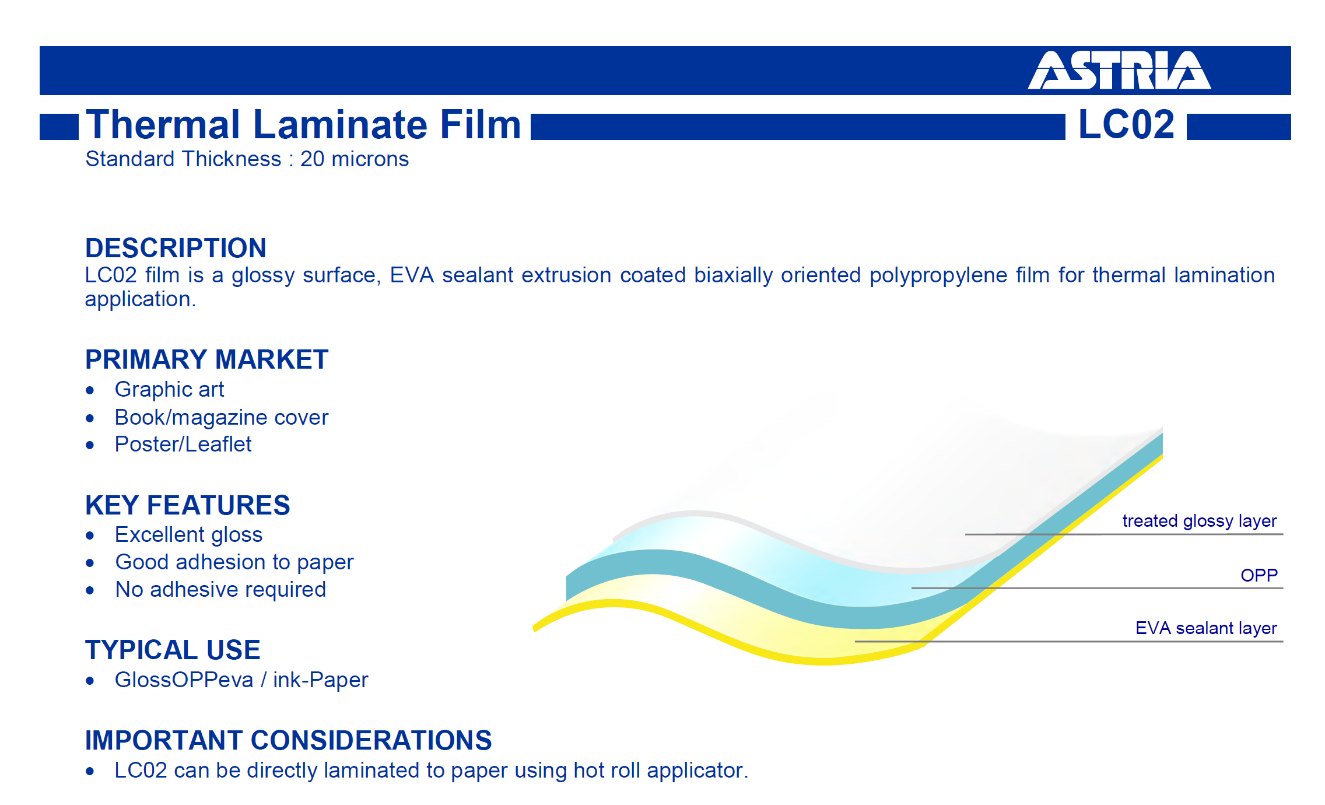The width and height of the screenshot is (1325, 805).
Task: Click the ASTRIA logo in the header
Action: coord(1119,70)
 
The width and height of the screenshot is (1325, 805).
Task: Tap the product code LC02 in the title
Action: coord(1126,124)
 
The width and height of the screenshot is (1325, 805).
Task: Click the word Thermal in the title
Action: coord(163,124)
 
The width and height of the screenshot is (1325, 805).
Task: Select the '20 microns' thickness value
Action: coord(355,159)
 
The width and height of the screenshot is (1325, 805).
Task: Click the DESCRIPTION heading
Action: coord(176,248)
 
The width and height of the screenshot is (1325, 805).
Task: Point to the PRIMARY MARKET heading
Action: coord(207,359)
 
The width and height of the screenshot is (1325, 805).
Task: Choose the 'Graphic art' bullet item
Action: coord(169,390)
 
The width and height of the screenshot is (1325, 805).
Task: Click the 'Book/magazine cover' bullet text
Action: coord(222,418)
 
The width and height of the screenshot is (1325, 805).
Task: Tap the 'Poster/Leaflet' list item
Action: coord(183,444)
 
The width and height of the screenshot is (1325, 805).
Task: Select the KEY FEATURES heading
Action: coord(188,505)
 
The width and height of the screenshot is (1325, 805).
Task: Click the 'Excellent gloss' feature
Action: coord(188,535)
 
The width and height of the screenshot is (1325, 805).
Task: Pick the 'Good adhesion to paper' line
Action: coord(234,562)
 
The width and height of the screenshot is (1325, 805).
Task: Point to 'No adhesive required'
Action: coord(220,590)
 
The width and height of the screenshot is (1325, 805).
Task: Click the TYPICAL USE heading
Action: coord(173,650)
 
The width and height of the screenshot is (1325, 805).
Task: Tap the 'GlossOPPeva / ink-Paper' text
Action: coord(241,680)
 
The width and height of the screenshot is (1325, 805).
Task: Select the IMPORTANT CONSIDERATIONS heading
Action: coord(289,740)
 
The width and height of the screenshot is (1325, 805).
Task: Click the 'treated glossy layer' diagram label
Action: coord(1200,521)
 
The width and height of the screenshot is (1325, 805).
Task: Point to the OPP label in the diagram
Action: coord(1259,576)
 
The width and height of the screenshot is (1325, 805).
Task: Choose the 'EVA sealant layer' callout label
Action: coord(1206,628)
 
